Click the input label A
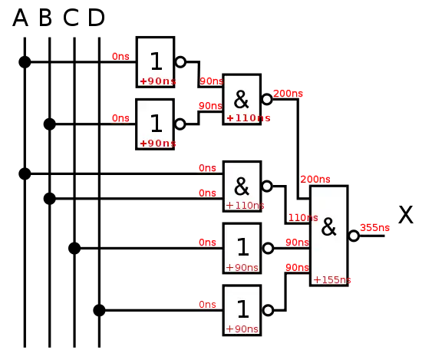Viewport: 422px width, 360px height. pyautogui.click(x=20, y=18)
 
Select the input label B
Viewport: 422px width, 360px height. pyautogui.click(x=45, y=18)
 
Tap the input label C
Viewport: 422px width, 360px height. pyautogui.click(x=71, y=18)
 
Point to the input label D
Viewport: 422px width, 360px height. pyautogui.click(x=97, y=18)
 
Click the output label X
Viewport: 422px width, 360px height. pyautogui.click(x=406, y=215)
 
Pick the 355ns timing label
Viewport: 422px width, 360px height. pyautogui.click(x=374, y=228)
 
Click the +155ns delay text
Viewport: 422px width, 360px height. pyautogui.click(x=332, y=280)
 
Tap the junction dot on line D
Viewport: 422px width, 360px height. pyautogui.click(x=99, y=310)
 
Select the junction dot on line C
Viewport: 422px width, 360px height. pyautogui.click(x=74, y=248)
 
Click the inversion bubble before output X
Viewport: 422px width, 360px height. pyautogui.click(x=354, y=236)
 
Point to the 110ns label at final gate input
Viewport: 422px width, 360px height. pyautogui.click(x=303, y=217)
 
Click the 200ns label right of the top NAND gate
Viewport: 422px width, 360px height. pyautogui.click(x=288, y=94)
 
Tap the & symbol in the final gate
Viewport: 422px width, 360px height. pyautogui.click(x=328, y=227)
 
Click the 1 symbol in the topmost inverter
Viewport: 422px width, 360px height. pyautogui.click(x=156, y=61)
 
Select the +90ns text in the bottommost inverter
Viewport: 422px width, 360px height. pyautogui.click(x=242, y=329)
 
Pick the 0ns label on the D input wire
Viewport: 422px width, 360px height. pyautogui.click(x=207, y=305)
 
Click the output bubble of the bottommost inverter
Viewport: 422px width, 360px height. pyautogui.click(x=268, y=310)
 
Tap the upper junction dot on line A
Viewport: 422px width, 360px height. pyautogui.click(x=25, y=62)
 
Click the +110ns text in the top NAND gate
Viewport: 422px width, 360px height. pyautogui.click(x=249, y=118)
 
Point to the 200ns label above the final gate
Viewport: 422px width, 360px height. pyautogui.click(x=315, y=180)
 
